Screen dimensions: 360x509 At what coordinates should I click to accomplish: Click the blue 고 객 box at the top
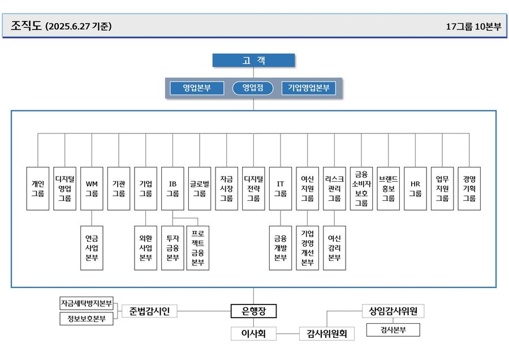[x=254, y=61]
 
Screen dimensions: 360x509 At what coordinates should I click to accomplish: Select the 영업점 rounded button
[x=253, y=88]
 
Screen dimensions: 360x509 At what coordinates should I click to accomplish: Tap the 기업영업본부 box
[x=308, y=88]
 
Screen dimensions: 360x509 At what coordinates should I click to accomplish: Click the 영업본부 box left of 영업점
[x=196, y=88]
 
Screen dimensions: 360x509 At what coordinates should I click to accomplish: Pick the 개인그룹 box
[x=38, y=188]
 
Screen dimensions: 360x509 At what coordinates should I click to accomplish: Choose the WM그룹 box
[x=92, y=188]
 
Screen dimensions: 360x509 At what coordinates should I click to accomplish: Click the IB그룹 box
[x=172, y=188]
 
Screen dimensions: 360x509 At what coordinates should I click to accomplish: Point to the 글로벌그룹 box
[x=200, y=188]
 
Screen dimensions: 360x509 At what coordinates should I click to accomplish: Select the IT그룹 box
[x=281, y=188]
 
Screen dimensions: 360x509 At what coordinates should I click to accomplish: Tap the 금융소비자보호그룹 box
[x=361, y=188]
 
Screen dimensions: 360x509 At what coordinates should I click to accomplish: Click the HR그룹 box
[x=415, y=188]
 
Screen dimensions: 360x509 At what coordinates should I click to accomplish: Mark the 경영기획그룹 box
[x=469, y=188]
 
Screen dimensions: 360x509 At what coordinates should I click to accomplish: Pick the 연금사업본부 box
[x=92, y=248]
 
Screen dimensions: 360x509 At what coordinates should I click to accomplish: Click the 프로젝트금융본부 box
[x=197, y=248]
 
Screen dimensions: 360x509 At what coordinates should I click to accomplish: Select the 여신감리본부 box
[x=334, y=248]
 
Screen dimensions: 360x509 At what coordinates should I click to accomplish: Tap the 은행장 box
[x=253, y=311]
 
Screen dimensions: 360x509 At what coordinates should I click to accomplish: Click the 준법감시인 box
[x=149, y=311]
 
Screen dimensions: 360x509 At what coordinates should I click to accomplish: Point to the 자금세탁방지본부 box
[x=87, y=303]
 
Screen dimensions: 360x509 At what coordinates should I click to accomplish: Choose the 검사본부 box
[x=393, y=329]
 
